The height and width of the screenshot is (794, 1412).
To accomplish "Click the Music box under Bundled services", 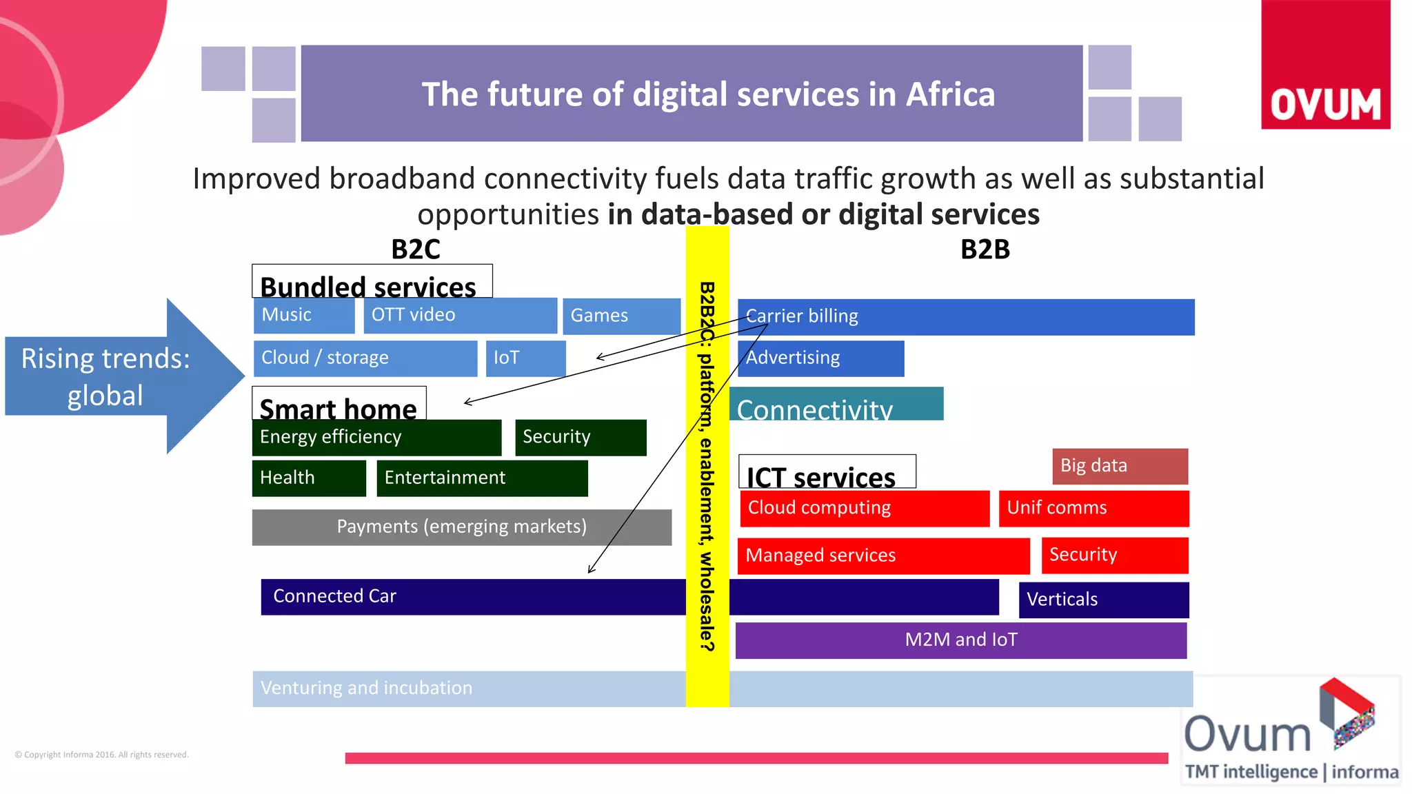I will [303, 316].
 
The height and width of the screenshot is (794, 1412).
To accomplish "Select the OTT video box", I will [460, 316].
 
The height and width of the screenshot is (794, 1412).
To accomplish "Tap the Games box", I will [621, 316].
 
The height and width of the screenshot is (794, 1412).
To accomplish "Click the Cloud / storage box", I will [365, 358].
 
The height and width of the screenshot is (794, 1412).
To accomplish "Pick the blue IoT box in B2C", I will [525, 358].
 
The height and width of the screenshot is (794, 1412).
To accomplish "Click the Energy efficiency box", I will [376, 438].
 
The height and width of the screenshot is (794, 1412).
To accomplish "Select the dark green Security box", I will [580, 438].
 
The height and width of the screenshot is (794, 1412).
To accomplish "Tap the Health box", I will [308, 478].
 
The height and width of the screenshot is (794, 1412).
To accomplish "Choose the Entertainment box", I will [482, 478].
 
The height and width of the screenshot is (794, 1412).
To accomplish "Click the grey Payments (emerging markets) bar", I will [461, 527].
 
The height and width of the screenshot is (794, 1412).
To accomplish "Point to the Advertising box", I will [820, 358].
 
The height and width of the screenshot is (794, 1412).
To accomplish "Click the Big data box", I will [1120, 467].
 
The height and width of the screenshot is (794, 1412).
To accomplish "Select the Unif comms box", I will [1093, 509].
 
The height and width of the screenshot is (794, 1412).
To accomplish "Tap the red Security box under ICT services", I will [1114, 556].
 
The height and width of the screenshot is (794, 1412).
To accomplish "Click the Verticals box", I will [1103, 600].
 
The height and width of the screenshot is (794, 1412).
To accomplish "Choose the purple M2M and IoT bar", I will [960, 640].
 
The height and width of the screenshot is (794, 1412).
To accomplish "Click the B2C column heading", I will [415, 250].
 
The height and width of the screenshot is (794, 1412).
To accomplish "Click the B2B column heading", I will [985, 250].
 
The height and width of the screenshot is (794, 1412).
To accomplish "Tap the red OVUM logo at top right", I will [1325, 65].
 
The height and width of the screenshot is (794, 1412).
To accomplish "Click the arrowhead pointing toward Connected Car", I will [591, 569].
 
